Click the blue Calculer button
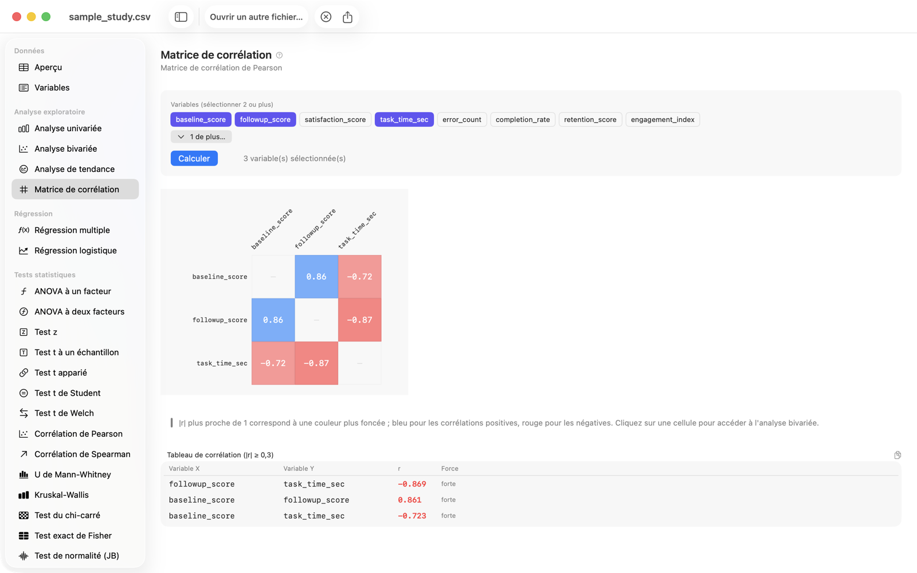194,158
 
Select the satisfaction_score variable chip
335,120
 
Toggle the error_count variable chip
462,120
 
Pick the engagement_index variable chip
663,120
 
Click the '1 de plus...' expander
201,137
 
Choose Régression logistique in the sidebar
75,250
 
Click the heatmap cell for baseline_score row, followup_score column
316,277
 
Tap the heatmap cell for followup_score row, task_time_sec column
360,320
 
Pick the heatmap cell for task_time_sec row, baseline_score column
273,363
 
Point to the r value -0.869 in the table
412,484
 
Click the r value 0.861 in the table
409,500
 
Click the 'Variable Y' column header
299,468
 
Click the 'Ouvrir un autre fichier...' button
256,17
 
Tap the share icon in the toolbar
347,17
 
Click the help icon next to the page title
279,55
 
